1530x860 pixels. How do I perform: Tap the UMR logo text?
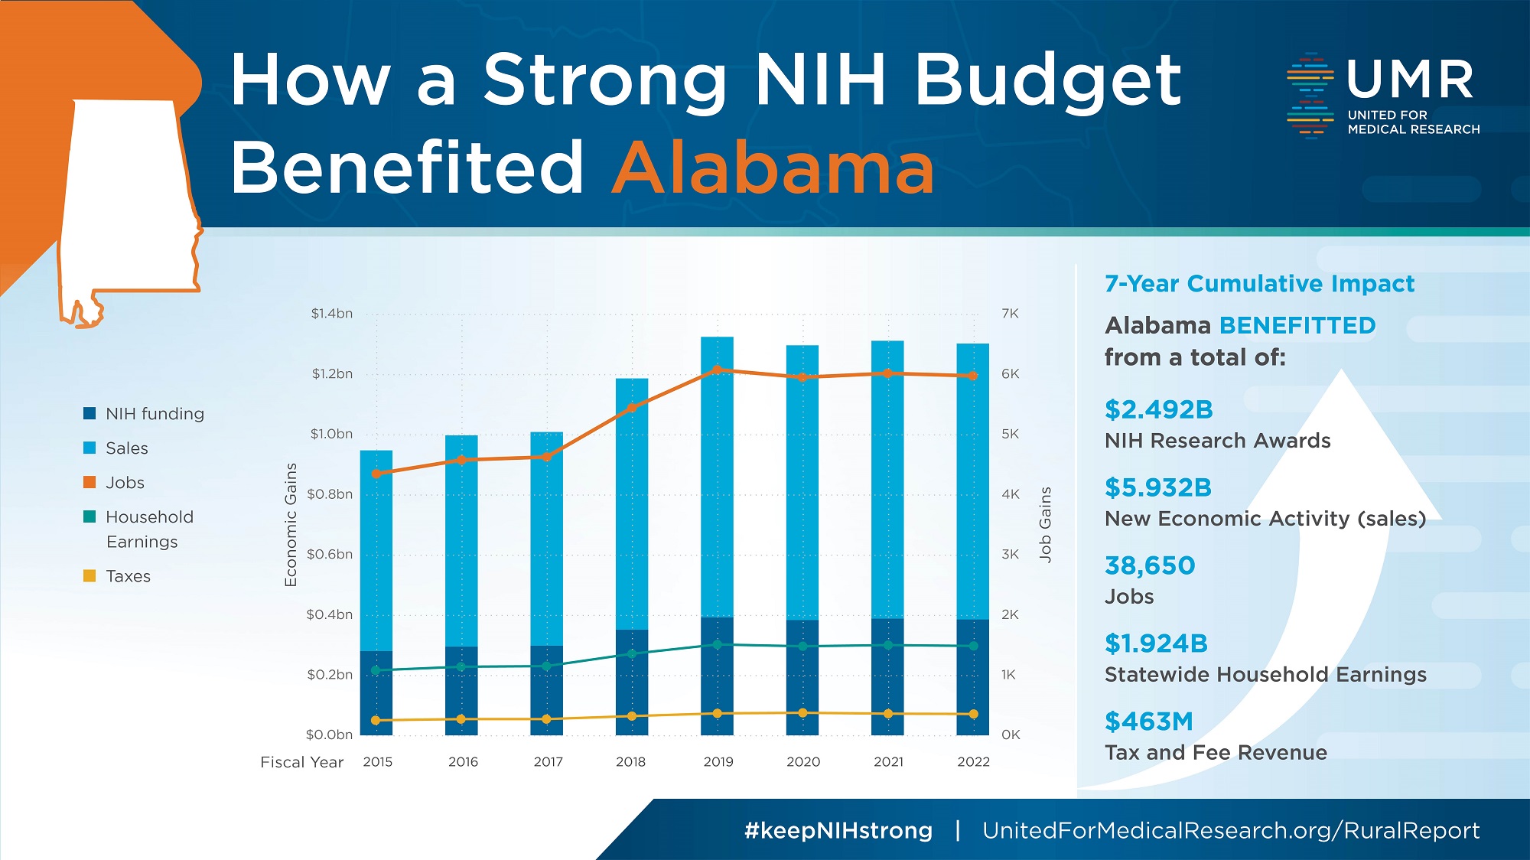coord(1409,80)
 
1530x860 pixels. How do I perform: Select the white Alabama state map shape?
coord(126,199)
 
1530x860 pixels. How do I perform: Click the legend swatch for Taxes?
coord(90,575)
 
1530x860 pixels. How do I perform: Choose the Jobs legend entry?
coord(125,483)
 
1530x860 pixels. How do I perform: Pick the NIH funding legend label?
coord(155,414)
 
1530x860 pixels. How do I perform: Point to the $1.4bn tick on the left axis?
coord(331,314)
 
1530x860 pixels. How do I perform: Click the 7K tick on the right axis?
coord(1010,314)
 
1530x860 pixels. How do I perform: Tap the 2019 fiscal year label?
coord(718,762)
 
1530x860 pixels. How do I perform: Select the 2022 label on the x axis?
coord(973,762)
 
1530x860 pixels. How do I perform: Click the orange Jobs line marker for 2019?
coord(717,370)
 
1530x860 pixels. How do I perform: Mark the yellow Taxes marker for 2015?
coord(376,720)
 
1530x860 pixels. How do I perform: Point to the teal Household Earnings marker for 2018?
coord(632,653)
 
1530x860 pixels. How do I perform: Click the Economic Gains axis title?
coord(291,525)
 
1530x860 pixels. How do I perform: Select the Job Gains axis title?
coord(1045,525)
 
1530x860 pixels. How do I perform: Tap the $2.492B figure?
coord(1158,410)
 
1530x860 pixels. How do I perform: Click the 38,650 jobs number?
coord(1149,565)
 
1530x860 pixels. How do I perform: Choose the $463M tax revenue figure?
coord(1148,722)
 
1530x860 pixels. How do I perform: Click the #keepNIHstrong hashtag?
coord(838,831)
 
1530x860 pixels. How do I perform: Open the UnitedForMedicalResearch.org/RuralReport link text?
coord(1230,831)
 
